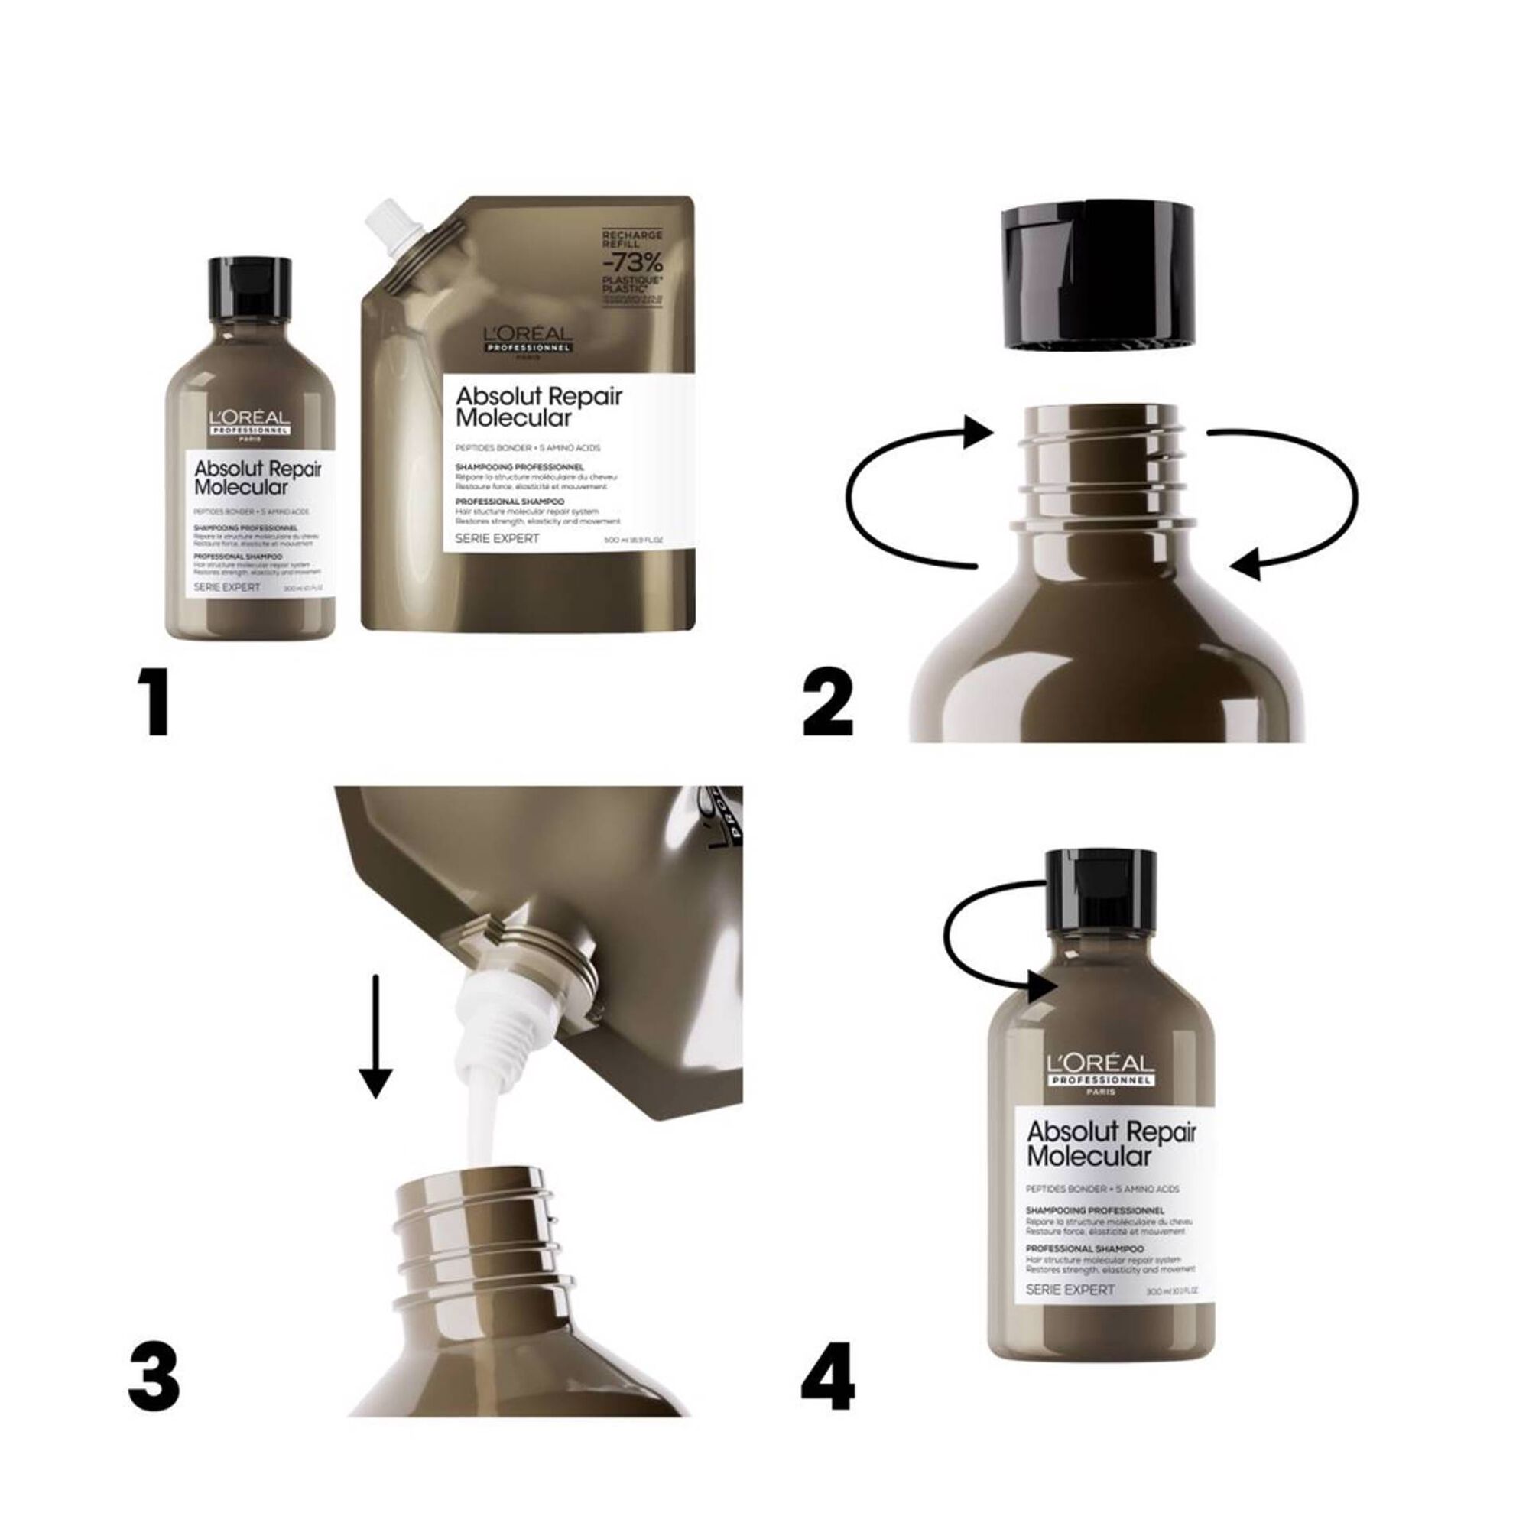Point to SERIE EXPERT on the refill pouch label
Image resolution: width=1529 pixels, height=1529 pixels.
498,538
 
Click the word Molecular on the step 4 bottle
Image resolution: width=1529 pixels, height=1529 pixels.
1088,1156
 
